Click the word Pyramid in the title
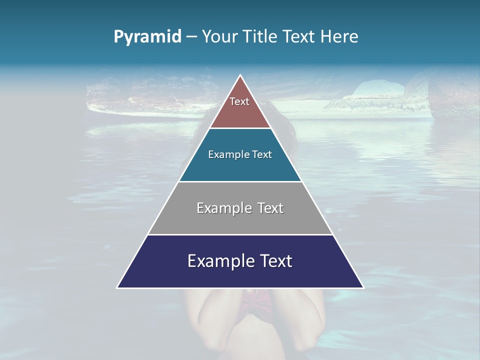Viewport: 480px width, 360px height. [147, 37]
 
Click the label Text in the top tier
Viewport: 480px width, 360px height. [239, 101]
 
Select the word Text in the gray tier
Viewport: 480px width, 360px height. [271, 208]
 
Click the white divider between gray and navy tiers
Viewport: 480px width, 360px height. [240, 234]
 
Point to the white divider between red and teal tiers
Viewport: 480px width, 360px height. [240, 128]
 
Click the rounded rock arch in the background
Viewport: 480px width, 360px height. [377, 90]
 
